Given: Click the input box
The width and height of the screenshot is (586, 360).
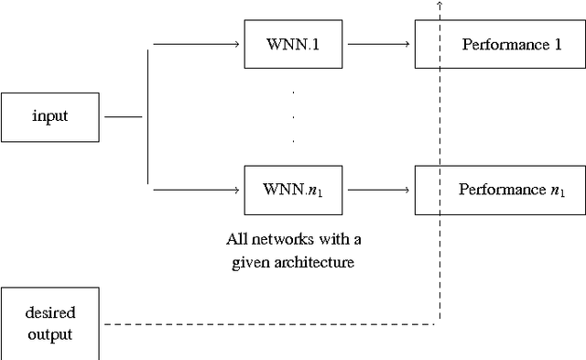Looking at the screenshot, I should [x=49, y=116].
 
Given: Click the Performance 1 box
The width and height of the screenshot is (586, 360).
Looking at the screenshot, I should [x=500, y=44].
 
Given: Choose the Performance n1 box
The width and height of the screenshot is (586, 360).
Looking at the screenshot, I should [x=500, y=190].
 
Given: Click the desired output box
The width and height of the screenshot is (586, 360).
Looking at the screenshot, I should [x=49, y=323].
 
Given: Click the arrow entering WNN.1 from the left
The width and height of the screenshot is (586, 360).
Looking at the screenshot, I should [x=197, y=44].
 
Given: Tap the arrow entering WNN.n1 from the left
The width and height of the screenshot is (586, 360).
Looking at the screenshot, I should [x=197, y=190].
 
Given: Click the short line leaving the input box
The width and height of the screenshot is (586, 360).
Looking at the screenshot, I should [x=124, y=117].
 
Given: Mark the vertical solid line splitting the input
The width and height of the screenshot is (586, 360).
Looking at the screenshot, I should [x=148, y=117].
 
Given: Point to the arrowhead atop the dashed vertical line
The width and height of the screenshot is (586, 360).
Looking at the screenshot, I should [x=439, y=4].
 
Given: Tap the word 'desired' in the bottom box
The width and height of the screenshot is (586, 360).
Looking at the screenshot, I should [x=49, y=312].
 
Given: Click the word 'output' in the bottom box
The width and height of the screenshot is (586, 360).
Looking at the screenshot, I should [x=49, y=334].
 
